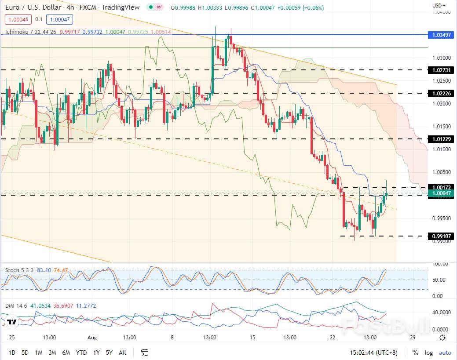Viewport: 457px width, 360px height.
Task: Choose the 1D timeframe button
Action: point(12,353)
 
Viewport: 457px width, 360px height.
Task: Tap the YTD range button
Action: point(81,353)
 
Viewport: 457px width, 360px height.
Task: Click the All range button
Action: point(122,353)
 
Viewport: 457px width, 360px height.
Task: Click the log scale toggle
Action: point(428,353)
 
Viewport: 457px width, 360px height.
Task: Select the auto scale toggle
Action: point(445,353)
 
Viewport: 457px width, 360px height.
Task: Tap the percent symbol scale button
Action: point(415,353)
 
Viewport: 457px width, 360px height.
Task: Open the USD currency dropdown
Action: point(439,6)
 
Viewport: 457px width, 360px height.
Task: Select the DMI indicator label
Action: point(10,306)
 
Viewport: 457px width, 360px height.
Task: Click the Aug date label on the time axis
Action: point(92,338)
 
